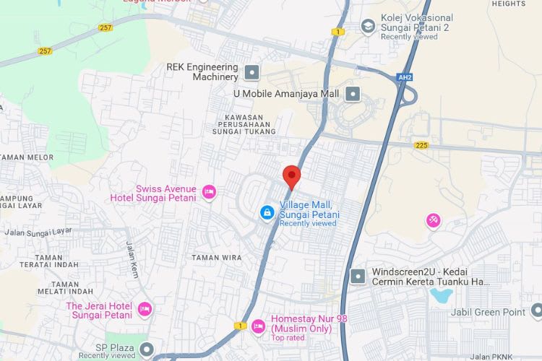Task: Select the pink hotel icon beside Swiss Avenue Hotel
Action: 209,191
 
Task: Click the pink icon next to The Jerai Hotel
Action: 145,309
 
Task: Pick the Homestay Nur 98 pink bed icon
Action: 259,326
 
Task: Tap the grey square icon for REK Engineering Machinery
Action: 251,71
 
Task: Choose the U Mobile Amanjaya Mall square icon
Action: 353,93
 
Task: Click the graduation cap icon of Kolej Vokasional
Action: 368,27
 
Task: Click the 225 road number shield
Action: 421,145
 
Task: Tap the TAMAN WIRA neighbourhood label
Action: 217,257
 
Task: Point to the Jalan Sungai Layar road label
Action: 39,232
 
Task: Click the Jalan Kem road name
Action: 133,260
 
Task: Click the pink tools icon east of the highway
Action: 433,220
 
